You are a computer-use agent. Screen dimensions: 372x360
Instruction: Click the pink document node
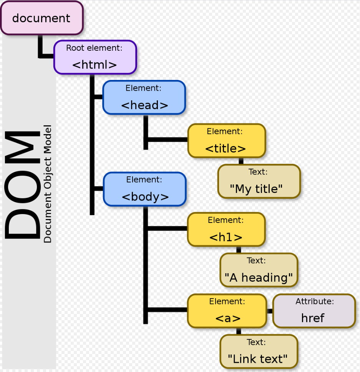[41, 18]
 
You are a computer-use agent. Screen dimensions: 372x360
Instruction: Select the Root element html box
[95, 57]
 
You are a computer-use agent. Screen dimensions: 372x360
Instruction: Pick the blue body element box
[145, 189]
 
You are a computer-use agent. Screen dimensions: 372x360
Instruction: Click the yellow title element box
[226, 141]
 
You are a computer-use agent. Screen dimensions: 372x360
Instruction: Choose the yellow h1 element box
[226, 229]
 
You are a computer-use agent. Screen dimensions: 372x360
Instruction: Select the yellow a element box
[227, 311]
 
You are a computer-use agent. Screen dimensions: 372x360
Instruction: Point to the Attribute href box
[314, 311]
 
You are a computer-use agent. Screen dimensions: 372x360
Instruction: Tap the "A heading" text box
[259, 270]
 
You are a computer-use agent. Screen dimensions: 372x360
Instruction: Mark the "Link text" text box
[259, 351]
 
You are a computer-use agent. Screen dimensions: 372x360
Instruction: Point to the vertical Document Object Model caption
[48, 184]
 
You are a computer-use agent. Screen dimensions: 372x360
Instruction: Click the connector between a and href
[270, 311]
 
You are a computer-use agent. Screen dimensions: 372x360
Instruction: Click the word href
[313, 318]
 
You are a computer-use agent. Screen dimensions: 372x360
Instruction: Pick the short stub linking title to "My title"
[241, 161]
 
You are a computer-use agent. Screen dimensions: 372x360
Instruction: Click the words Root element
[94, 48]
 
